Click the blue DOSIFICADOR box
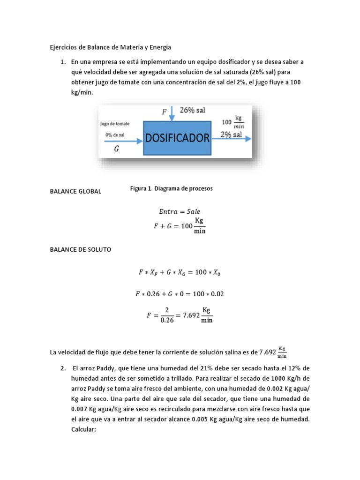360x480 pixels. coord(177,138)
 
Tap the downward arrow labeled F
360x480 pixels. coord(172,113)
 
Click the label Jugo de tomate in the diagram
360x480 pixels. coord(115,124)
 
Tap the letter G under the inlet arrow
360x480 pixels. coord(117,150)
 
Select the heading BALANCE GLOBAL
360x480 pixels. coord(75,191)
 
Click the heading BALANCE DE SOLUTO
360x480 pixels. coord(81,250)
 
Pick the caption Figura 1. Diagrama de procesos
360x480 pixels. coord(171,188)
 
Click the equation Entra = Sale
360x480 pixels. coord(180,211)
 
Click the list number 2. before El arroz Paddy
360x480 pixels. coord(63,368)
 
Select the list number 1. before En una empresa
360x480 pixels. coord(63,62)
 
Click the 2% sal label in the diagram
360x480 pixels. coord(231,135)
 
